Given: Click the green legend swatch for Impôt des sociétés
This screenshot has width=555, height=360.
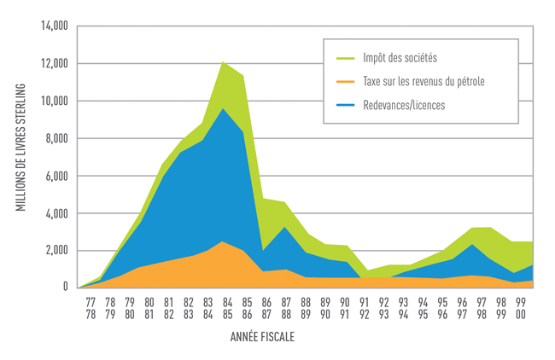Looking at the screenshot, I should pos(347,59).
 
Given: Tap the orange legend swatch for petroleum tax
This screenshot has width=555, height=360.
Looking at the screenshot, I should pos(347,82).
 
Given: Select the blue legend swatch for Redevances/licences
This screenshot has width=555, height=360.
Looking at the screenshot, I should pos(347,106).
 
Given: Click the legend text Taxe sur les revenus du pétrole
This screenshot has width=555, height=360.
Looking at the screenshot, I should pos(423,82).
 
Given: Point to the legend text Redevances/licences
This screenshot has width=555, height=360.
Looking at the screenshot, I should pos(404,106).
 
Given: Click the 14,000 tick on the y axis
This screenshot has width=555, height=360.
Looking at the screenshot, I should pos(53,26).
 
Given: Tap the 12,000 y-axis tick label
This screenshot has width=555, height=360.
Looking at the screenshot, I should pos(53,64).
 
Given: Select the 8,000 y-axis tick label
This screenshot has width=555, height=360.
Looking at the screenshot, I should pos(55,138).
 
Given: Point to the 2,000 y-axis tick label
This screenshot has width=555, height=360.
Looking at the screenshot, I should pos(55,250).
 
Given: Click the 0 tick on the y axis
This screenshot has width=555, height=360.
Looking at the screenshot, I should pos(65,287).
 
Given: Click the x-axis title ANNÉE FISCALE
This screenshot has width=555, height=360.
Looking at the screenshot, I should pos(262,337).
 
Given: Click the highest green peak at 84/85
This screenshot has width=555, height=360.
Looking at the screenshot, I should pos(223,62).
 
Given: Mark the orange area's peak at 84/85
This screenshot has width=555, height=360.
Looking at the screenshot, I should pos(223,242).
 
